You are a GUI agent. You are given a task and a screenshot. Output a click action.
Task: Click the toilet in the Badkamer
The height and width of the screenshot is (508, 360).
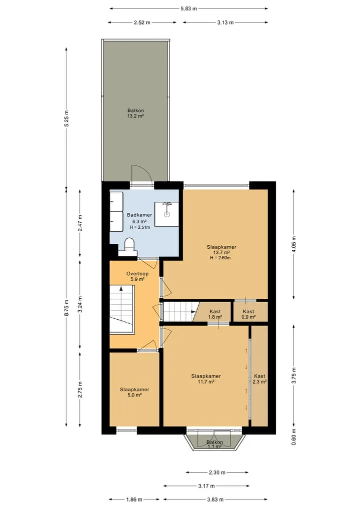pos(129,245)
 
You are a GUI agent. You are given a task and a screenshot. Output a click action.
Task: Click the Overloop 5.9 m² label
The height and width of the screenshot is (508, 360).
pos(137,276)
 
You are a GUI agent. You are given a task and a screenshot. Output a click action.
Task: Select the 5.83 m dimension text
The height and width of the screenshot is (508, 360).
pos(189,9)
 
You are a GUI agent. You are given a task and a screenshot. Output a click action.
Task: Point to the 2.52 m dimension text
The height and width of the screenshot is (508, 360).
pos(142,22)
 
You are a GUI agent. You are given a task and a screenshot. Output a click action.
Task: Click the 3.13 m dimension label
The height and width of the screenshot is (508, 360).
pos(225,22)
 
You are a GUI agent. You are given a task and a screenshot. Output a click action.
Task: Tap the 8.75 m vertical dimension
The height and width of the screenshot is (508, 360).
pos(66,308)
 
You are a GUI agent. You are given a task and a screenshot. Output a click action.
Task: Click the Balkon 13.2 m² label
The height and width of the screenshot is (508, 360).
pos(135,113)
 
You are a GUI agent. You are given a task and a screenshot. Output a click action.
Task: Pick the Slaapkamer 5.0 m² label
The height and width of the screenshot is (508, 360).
pos(134,392)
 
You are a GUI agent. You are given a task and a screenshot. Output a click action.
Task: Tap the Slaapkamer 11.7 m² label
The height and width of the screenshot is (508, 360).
pos(206,379)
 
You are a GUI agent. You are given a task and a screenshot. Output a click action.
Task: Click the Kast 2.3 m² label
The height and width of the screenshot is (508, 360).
pos(260,379)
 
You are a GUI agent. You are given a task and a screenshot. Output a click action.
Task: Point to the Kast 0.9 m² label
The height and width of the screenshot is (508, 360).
pos(248,314)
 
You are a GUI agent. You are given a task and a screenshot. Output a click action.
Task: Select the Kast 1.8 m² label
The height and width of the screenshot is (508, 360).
pos(215,314)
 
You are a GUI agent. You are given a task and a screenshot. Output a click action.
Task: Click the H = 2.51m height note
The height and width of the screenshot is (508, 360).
pos(140,227)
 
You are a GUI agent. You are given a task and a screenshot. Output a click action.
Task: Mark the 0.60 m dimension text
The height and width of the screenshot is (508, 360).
pos(294,437)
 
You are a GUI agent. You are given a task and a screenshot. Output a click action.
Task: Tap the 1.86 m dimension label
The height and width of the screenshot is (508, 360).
pos(134,500)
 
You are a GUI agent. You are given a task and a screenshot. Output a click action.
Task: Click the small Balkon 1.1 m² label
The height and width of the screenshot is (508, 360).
pos(214,444)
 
